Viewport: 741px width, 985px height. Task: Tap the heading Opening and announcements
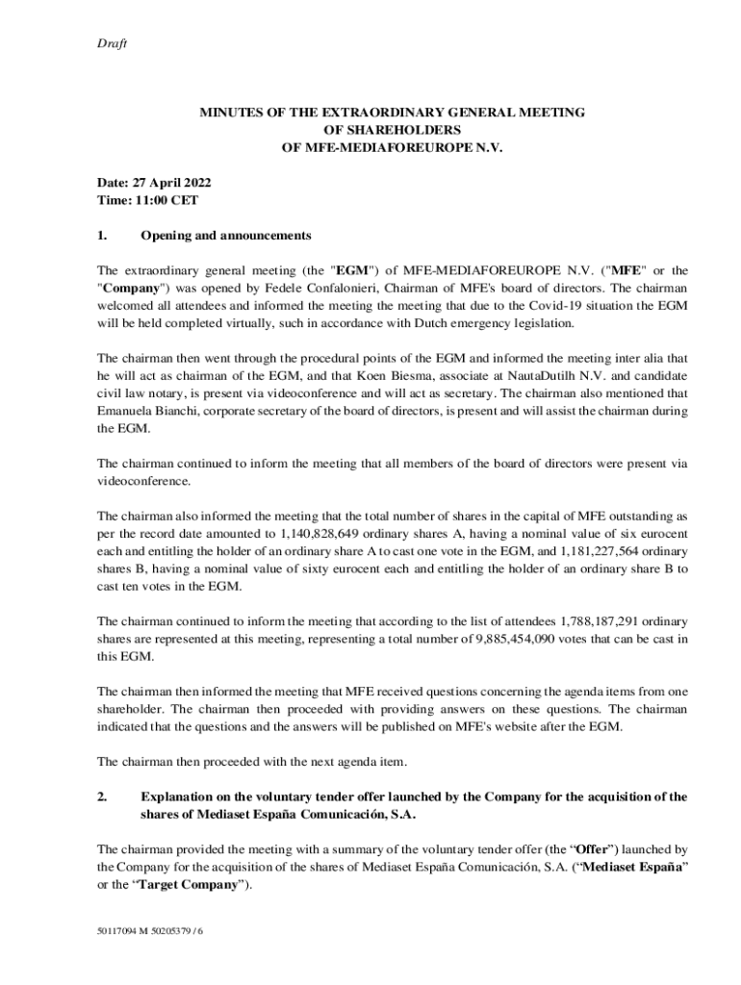(x=226, y=236)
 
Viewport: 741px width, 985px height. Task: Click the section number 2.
(x=102, y=796)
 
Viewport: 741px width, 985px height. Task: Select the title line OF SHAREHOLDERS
(x=392, y=130)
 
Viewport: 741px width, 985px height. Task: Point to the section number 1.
(x=102, y=236)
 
